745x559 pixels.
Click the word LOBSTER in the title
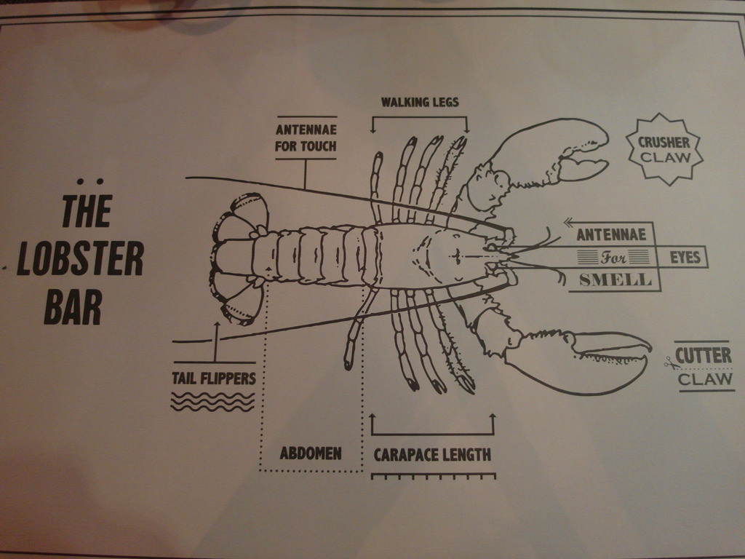tap(80, 258)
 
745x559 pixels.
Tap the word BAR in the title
tap(73, 307)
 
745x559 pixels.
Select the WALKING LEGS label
tap(420, 102)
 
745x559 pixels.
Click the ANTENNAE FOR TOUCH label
tap(306, 138)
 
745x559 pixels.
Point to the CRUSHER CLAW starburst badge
tap(665, 149)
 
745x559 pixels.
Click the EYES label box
tap(685, 257)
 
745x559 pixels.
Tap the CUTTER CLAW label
tap(704, 367)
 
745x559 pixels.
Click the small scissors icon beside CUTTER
tap(671, 364)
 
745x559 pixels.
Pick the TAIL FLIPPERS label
tap(214, 378)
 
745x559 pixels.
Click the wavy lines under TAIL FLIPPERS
tap(212, 402)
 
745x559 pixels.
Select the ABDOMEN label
tap(311, 453)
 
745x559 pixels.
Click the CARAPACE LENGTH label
tap(432, 455)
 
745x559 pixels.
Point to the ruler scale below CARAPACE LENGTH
tap(434, 476)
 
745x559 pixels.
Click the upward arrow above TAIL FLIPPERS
tap(217, 342)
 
